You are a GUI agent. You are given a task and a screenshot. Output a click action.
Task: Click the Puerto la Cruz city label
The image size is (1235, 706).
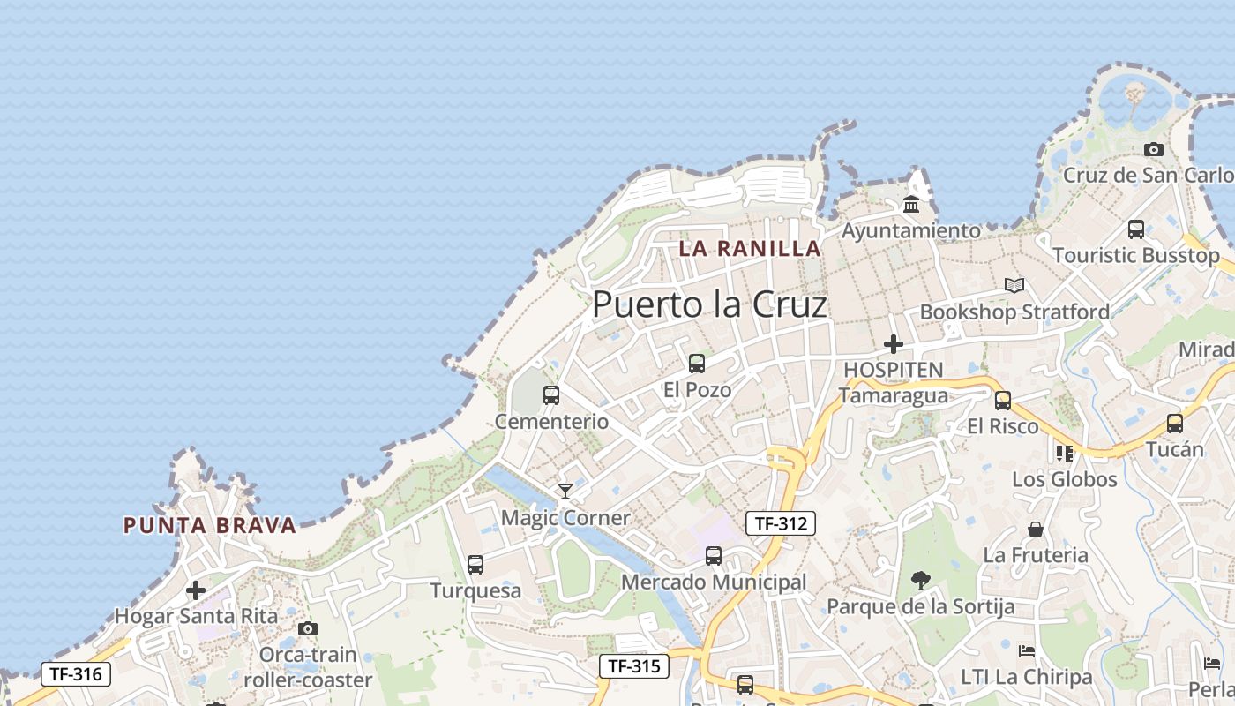(x=709, y=304)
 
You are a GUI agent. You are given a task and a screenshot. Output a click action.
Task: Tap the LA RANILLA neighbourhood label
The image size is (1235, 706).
(x=750, y=249)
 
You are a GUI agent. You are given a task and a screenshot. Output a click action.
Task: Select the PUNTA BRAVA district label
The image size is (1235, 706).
(x=209, y=526)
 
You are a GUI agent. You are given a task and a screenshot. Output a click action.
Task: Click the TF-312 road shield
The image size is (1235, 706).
(x=781, y=523)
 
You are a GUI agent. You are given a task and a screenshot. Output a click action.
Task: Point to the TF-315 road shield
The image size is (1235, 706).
(x=634, y=666)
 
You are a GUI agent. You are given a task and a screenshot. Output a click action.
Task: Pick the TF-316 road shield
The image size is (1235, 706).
(x=76, y=675)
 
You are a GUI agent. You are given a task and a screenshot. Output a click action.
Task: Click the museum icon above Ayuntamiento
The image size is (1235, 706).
(x=911, y=205)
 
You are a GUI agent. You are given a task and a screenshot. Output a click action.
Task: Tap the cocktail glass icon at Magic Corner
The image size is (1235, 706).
(x=565, y=492)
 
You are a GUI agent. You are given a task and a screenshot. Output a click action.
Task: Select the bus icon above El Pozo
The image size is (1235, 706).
(x=697, y=364)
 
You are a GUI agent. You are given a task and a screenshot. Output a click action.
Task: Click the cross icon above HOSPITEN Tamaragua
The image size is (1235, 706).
(x=894, y=344)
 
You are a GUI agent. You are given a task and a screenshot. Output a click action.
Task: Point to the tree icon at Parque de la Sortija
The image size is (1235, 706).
(x=920, y=581)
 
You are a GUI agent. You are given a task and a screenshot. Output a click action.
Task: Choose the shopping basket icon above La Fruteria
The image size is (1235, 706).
(x=1036, y=529)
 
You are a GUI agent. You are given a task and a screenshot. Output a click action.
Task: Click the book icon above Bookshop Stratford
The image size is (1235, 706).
(x=1014, y=286)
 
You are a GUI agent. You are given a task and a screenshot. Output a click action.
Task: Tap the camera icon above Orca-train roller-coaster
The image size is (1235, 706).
(x=307, y=629)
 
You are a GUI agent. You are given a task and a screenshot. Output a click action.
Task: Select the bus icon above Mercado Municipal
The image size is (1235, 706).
(x=714, y=556)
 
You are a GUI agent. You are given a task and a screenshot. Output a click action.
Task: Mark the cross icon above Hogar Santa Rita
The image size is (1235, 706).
(x=196, y=590)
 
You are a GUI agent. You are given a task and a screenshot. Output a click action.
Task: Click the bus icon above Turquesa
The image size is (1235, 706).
(x=475, y=565)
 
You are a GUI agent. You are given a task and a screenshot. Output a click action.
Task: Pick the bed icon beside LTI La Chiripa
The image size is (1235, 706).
(x=1027, y=651)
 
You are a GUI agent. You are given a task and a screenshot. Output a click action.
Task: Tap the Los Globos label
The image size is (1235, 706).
(x=1064, y=480)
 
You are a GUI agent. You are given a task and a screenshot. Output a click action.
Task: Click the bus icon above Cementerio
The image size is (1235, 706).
(x=551, y=395)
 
